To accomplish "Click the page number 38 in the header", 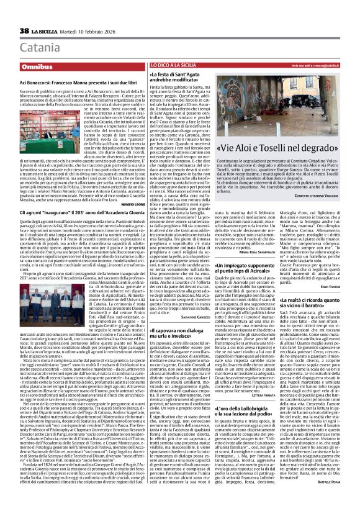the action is (x=25, y=31).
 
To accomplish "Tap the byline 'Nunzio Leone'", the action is (x=132, y=204).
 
